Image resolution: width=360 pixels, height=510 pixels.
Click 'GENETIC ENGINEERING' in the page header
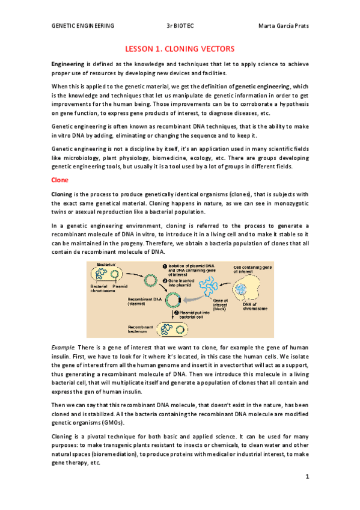coord(82,26)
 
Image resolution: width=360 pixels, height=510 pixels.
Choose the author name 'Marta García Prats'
coord(282,26)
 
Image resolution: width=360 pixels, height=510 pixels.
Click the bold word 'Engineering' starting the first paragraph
coord(68,63)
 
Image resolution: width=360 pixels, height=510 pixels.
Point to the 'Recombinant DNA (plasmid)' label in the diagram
coord(142,300)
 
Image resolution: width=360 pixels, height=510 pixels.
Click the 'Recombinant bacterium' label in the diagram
coord(142,329)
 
